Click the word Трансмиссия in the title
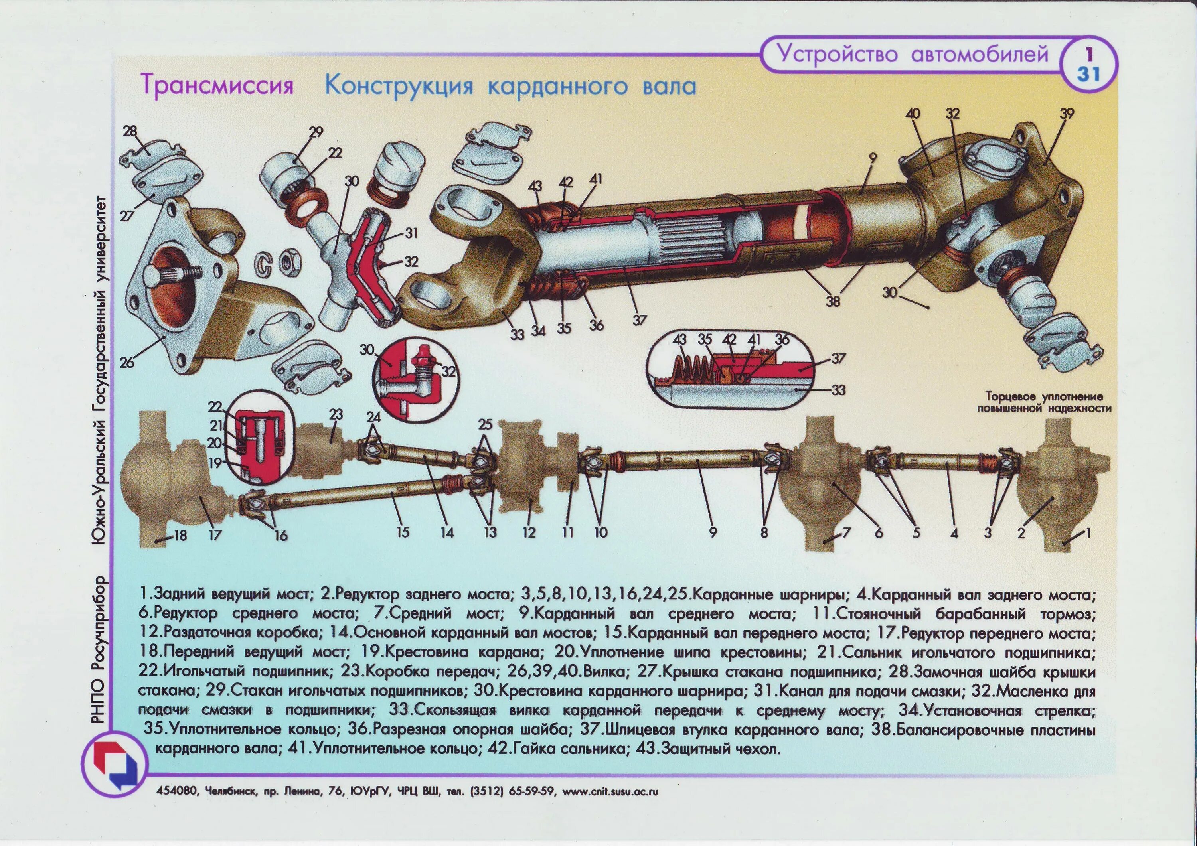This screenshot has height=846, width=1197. tap(217, 85)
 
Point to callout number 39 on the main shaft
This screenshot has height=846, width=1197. tap(1067, 114)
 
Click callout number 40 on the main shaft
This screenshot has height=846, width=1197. tap(913, 114)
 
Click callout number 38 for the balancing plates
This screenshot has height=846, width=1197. tap(833, 301)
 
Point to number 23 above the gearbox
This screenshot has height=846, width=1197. tap(336, 415)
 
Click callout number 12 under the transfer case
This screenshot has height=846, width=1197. tap(529, 532)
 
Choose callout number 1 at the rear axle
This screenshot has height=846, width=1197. tap(1087, 532)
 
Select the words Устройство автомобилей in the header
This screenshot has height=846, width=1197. tap(913, 54)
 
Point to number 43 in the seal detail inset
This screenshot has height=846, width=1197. tap(679, 340)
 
